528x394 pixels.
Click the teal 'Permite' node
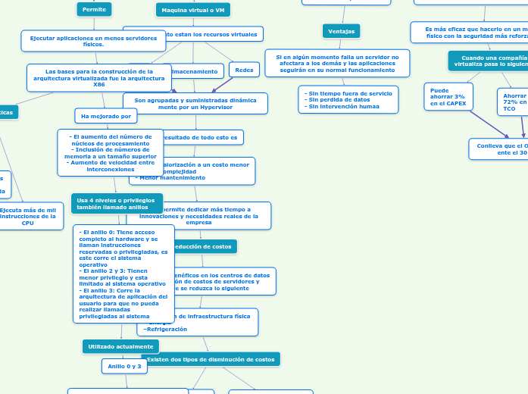click(x=94, y=9)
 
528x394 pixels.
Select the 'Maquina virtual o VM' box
click(x=193, y=10)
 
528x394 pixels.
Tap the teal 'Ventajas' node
click(x=342, y=30)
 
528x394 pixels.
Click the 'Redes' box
click(x=244, y=70)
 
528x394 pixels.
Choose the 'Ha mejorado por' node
click(x=105, y=116)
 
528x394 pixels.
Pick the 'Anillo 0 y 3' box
click(x=124, y=366)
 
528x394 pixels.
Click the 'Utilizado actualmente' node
click(x=120, y=346)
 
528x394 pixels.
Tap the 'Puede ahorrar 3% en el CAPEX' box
click(x=448, y=96)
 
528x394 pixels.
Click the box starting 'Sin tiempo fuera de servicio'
click(x=348, y=100)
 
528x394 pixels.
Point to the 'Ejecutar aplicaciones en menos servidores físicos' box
click(x=93, y=41)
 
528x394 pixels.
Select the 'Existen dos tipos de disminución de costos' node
click(x=211, y=359)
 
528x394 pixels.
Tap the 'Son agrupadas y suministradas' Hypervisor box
click(x=195, y=103)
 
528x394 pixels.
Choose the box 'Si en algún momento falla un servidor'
click(x=337, y=64)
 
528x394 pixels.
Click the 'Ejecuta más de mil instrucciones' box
click(x=27, y=217)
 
